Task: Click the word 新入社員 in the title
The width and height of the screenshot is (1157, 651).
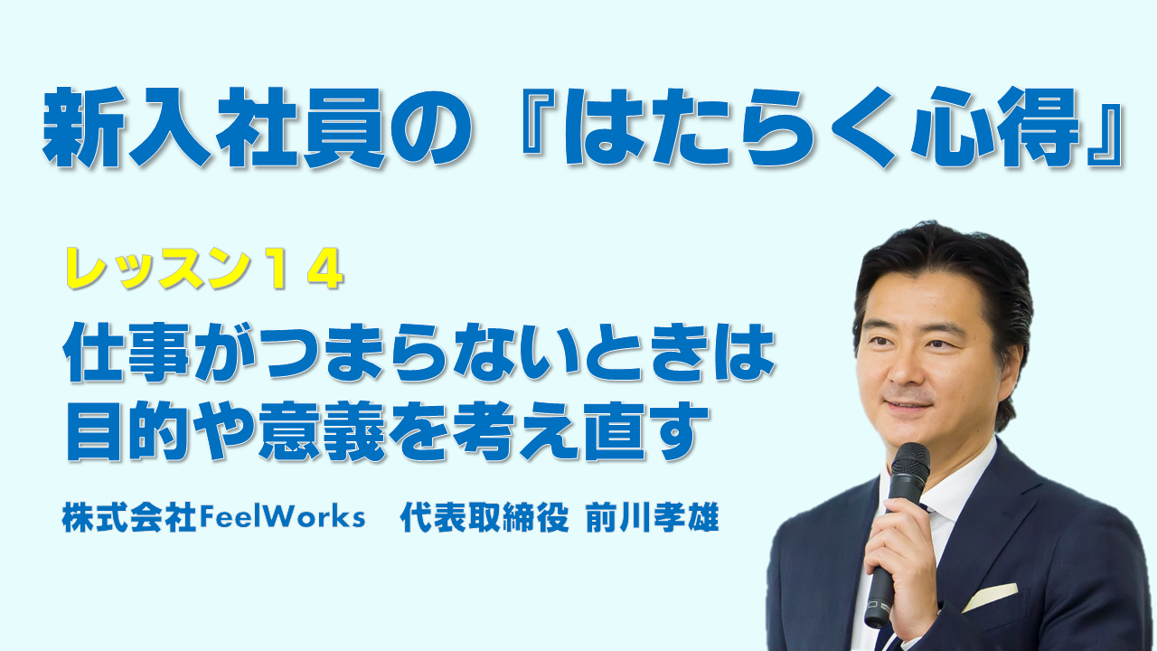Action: point(213,127)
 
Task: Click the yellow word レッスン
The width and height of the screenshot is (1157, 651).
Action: point(155,269)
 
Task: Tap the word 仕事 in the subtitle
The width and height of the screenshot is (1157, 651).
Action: point(127,352)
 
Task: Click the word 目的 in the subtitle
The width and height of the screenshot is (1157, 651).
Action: point(127,430)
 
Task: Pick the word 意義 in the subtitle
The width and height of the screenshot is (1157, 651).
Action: point(323,430)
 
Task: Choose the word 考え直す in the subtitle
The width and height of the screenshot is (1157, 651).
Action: point(579,430)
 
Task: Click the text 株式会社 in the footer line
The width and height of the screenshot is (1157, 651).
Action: point(129,517)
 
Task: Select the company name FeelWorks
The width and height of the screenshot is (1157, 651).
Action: point(282,517)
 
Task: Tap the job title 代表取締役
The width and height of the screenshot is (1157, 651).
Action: point(484,517)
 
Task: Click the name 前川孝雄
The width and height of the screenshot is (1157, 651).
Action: point(652,517)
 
